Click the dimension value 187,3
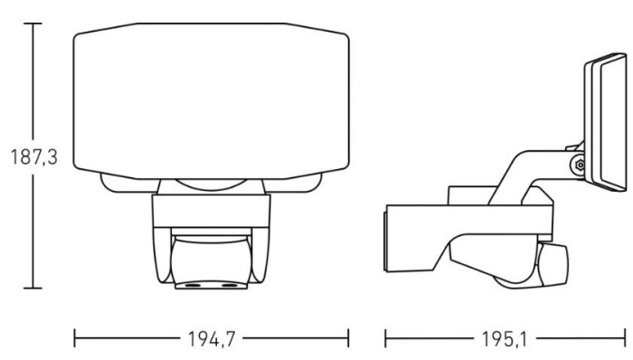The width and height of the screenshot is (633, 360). [x=34, y=156]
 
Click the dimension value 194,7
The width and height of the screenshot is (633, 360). [x=212, y=339]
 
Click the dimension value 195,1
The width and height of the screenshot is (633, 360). [x=505, y=339]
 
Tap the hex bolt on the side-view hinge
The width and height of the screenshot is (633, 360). [x=580, y=165]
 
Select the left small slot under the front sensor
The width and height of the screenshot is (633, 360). [x=193, y=285]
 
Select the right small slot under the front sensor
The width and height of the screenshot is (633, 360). [x=230, y=285]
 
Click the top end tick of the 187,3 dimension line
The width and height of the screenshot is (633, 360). [x=33, y=24]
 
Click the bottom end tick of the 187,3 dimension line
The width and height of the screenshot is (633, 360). [x=33, y=289]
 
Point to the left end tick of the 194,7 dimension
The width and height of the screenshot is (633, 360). [x=75, y=338]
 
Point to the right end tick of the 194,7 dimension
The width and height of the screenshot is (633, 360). [x=348, y=338]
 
